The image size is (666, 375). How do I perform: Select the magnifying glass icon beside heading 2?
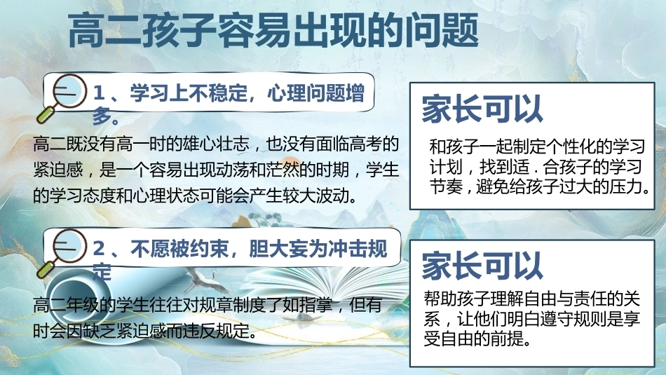coord(62,254)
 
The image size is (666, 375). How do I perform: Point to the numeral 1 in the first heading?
coord(99,93)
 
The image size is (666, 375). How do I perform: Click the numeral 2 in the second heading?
coord(99,249)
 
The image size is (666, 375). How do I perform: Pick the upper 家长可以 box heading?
coord(482,109)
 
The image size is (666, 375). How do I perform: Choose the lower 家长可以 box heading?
coord(482,266)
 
